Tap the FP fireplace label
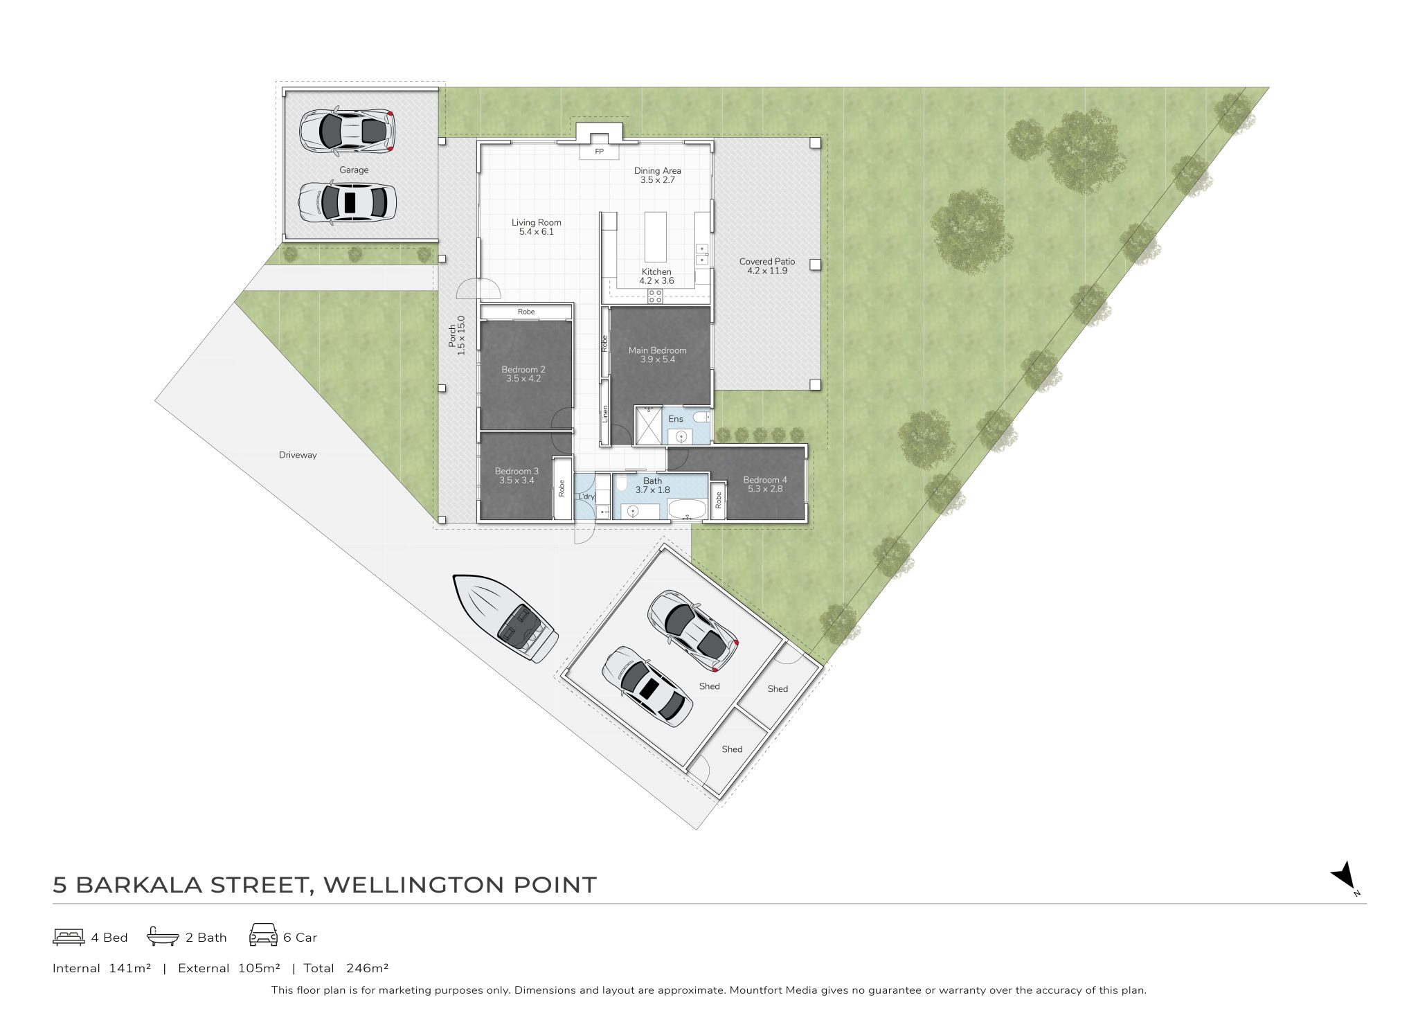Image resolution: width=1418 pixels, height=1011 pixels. [x=599, y=152]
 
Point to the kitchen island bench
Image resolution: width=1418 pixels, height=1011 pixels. [x=655, y=236]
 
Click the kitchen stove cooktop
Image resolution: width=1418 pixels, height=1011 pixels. [x=655, y=296]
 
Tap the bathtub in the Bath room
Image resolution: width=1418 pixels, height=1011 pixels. [x=686, y=509]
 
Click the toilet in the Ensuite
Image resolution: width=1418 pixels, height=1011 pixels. [x=701, y=417]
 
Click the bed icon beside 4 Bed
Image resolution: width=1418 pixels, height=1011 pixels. [x=69, y=937]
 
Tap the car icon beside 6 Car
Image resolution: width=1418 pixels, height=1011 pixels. [x=263, y=934]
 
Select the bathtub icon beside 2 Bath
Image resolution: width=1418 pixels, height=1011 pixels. [x=163, y=936]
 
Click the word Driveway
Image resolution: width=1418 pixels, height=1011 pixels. [x=298, y=455]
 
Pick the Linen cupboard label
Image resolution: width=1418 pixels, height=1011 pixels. [x=605, y=413]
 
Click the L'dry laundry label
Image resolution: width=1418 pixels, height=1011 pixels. [x=586, y=496]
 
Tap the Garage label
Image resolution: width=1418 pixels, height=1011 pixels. [x=354, y=170]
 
